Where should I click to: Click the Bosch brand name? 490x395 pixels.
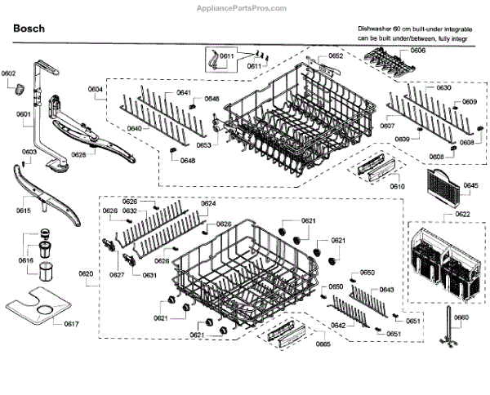(x=29, y=29)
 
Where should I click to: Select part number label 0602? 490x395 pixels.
(x=8, y=74)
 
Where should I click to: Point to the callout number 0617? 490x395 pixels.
(x=72, y=325)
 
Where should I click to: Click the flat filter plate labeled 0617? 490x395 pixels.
(x=37, y=308)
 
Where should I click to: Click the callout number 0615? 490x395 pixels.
(x=23, y=211)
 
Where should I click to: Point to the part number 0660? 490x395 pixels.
(x=461, y=317)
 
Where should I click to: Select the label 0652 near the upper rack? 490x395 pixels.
(x=336, y=56)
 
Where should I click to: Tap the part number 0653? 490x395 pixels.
(x=203, y=144)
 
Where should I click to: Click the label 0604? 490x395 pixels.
(x=96, y=89)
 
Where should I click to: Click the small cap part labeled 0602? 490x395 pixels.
(x=20, y=88)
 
